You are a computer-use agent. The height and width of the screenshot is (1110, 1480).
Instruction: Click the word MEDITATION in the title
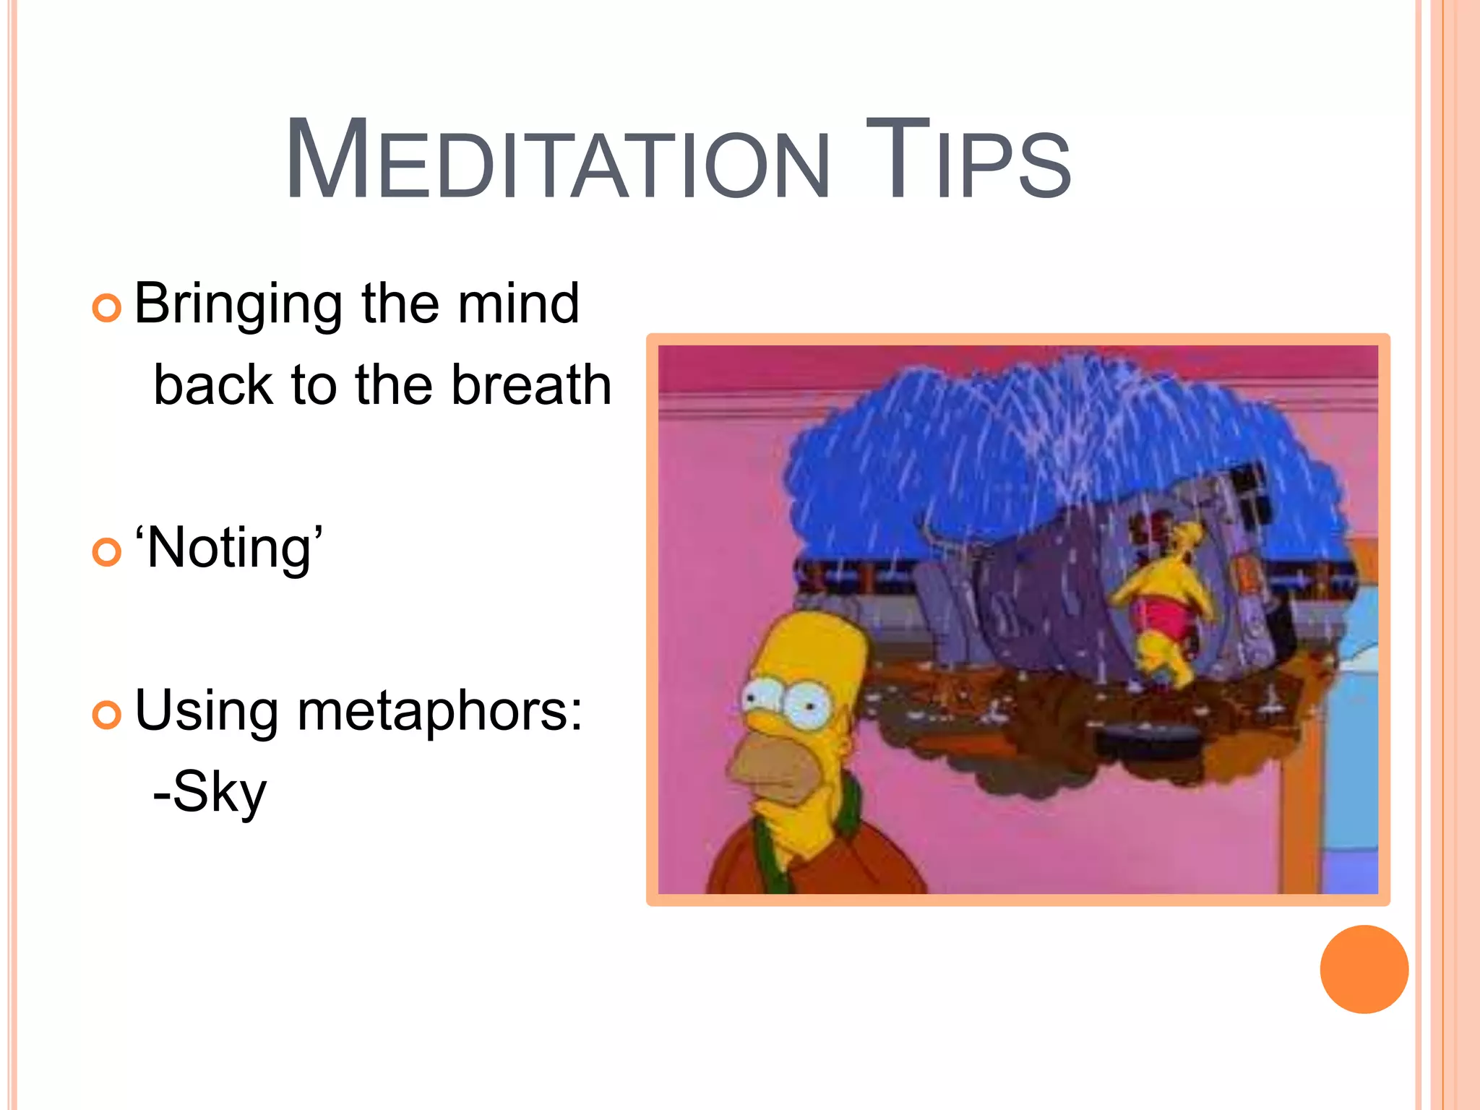tap(556, 160)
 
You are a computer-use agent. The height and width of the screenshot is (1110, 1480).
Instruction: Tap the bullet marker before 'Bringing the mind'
tap(107, 309)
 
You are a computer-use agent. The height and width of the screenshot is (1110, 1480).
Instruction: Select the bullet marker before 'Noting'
tap(107, 553)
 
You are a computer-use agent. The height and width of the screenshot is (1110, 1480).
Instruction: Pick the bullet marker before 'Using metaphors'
tap(107, 715)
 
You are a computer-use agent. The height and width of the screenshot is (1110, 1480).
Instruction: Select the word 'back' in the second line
tap(213, 384)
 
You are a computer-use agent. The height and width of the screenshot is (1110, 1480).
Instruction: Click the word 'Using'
tap(207, 712)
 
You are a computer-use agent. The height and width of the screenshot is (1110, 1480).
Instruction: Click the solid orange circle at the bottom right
tap(1364, 969)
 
